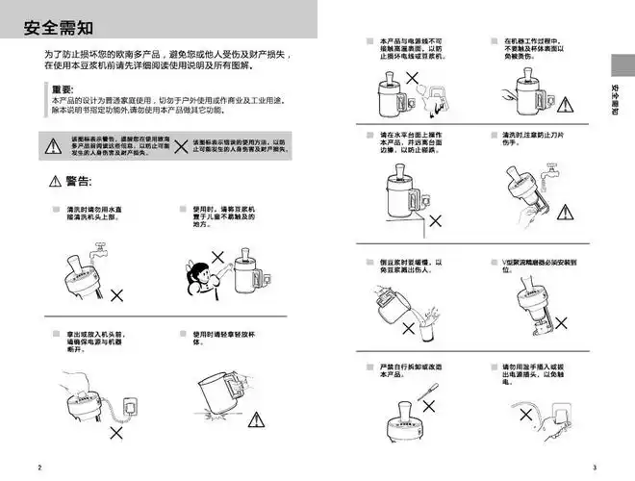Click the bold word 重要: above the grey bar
64,89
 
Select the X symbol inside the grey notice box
181,146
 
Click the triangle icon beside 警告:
54,182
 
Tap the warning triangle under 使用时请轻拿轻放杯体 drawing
256,418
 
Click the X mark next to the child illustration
216,257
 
